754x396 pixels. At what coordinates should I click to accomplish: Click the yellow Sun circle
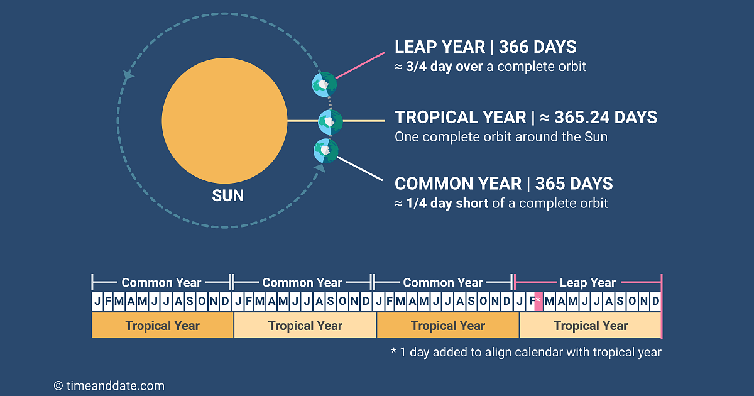coord(224,121)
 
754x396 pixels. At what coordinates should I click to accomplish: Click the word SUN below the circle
coord(227,195)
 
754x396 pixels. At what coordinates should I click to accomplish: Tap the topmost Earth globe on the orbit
coord(324,84)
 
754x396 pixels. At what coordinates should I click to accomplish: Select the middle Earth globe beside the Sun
coord(330,121)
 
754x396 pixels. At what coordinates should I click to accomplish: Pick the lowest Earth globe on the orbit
coord(325,151)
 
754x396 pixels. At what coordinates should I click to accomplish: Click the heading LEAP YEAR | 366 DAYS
coord(485,47)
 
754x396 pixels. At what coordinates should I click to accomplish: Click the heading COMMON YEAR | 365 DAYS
coord(503,184)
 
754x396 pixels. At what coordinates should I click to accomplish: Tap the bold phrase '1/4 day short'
coord(447,204)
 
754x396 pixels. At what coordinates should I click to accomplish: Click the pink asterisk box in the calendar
coord(538,301)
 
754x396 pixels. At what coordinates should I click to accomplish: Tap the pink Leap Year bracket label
coord(587,283)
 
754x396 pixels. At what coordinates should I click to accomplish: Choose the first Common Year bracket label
coord(161,283)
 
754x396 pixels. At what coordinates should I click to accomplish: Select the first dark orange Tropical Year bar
coord(162,326)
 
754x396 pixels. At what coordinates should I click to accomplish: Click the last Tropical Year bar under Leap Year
coord(590,326)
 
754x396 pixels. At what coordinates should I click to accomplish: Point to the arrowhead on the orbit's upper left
coord(128,75)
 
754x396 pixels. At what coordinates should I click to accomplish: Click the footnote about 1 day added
coord(526,352)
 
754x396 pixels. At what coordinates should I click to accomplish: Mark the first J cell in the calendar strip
coord(97,301)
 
